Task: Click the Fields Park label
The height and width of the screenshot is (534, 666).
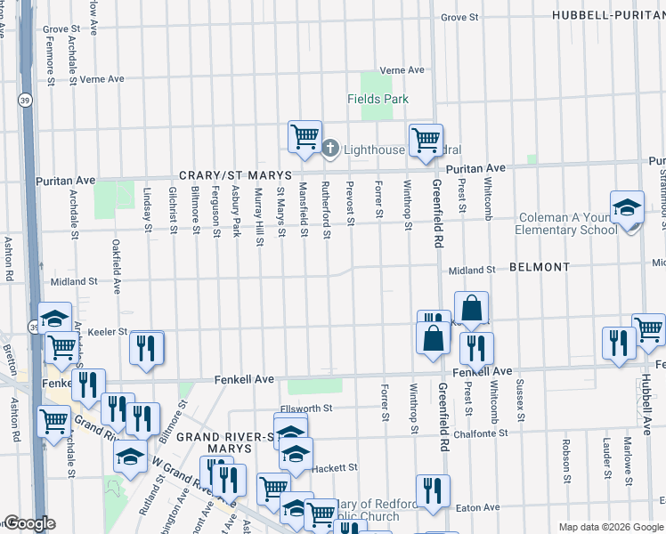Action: (x=378, y=99)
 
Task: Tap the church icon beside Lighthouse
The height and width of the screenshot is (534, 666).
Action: (x=330, y=149)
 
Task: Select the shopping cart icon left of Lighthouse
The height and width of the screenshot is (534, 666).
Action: (x=305, y=137)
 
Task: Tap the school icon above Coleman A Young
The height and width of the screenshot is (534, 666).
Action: (x=627, y=207)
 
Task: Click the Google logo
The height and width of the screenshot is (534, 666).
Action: (x=28, y=523)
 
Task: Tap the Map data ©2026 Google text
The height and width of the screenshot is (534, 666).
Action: (x=610, y=527)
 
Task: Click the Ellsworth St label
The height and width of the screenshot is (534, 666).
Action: (x=305, y=409)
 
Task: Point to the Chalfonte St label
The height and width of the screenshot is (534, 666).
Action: (x=479, y=433)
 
